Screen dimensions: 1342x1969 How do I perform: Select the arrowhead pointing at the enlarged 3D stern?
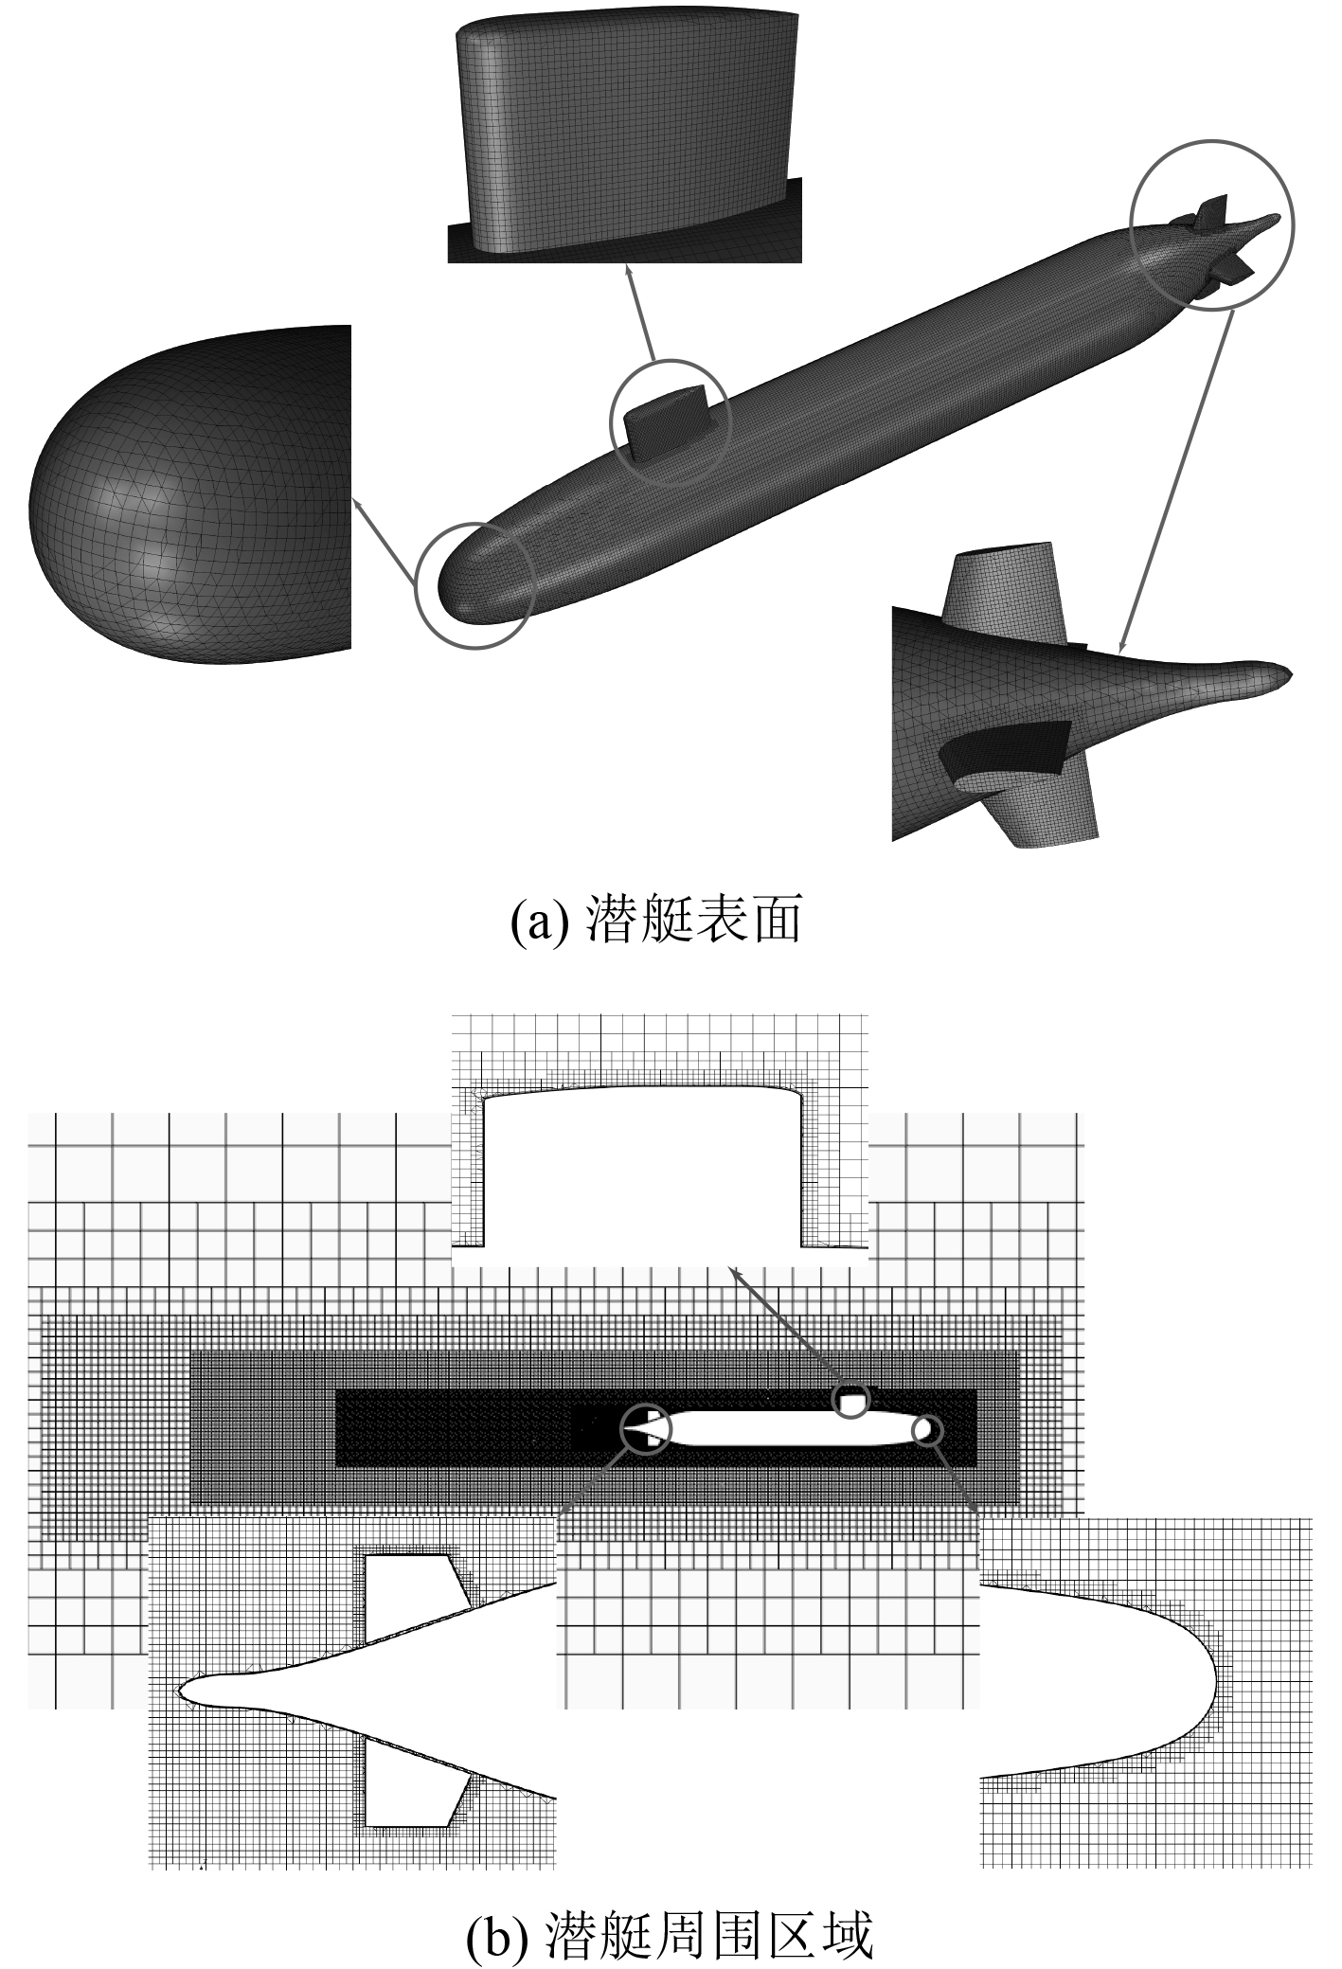pos(1120,648)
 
